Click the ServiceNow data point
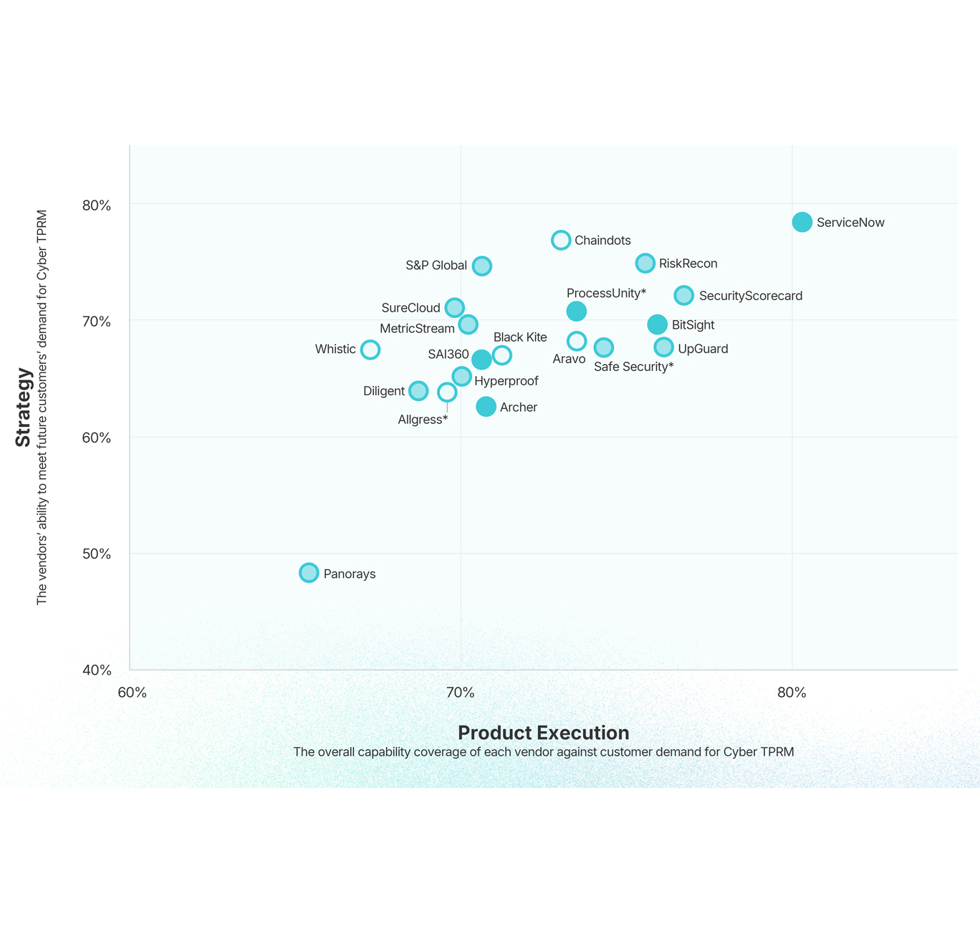click(802, 222)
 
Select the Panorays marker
click(309, 573)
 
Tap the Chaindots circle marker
click(561, 240)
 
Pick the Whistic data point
click(370, 349)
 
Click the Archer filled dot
click(486, 407)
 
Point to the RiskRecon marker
click(645, 263)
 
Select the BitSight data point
click(658, 324)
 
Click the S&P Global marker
click(482, 266)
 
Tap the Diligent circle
click(418, 391)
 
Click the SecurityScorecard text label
click(750, 296)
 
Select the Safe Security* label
click(633, 367)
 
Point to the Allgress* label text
click(423, 420)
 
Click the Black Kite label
click(520, 337)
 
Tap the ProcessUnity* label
click(606, 293)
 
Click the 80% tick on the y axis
click(97, 206)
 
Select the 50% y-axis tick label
click(97, 554)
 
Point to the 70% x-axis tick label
click(461, 692)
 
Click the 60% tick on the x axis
click(132, 692)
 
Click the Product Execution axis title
click(543, 733)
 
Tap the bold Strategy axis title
click(24, 407)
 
